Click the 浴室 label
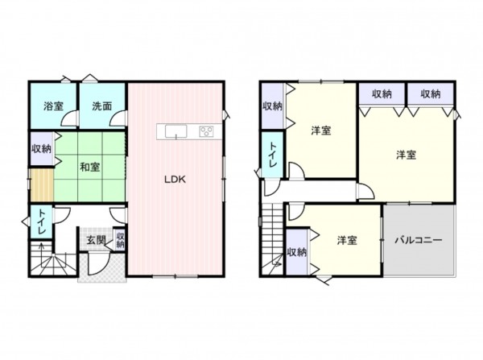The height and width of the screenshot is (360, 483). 54,106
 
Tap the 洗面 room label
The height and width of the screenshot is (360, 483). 102,106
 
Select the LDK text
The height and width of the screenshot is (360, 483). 175,180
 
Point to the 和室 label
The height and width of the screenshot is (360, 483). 89,167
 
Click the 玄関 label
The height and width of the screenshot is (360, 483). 96,240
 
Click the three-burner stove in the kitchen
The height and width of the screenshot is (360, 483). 205,131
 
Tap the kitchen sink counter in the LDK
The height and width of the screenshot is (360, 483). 175,131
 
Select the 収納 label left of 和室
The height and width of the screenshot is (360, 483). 42,149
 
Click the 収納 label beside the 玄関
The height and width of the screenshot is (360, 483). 120,239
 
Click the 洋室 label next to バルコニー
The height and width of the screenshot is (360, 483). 347,240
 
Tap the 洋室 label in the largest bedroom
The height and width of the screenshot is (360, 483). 406,155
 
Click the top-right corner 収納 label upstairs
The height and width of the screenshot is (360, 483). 431,94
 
